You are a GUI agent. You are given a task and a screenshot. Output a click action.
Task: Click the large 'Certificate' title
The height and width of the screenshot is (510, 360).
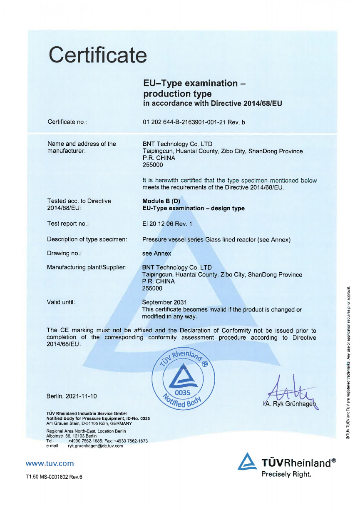98,54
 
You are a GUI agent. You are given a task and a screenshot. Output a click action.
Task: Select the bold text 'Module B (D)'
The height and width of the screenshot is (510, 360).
161,201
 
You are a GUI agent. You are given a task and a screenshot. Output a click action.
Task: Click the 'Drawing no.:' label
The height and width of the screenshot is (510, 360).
64,253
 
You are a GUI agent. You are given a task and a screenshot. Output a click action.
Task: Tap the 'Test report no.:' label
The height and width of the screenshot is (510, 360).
68,224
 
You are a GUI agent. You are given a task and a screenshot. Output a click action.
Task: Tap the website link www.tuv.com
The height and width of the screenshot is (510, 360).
50,463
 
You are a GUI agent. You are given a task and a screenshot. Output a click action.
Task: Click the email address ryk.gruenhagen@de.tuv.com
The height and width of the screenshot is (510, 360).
95,446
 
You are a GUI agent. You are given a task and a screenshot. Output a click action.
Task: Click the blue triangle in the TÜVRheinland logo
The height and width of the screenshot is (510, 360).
246,463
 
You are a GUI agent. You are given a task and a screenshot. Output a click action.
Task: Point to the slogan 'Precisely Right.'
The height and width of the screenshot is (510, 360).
286,474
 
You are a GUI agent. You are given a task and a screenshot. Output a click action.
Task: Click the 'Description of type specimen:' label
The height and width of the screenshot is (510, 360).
87,239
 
